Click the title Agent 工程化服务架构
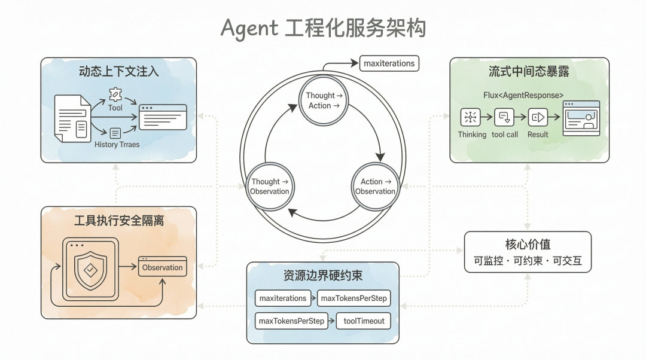[323, 28]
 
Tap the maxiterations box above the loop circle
[389, 63]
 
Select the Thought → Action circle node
[324, 100]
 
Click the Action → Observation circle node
[375, 186]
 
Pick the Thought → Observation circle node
[270, 186]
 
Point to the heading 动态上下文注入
[118, 72]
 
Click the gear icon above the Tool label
[115, 94]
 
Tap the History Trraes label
[117, 145]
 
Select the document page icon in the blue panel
[72, 118]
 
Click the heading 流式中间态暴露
[529, 72]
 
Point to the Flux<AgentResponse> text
[523, 95]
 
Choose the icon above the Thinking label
[470, 117]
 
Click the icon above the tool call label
[504, 117]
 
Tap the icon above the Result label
[538, 117]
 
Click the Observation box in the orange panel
[162, 267]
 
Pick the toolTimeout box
[364, 321]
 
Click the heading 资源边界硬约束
[323, 276]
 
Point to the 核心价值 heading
[528, 244]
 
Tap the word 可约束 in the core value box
[528, 261]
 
